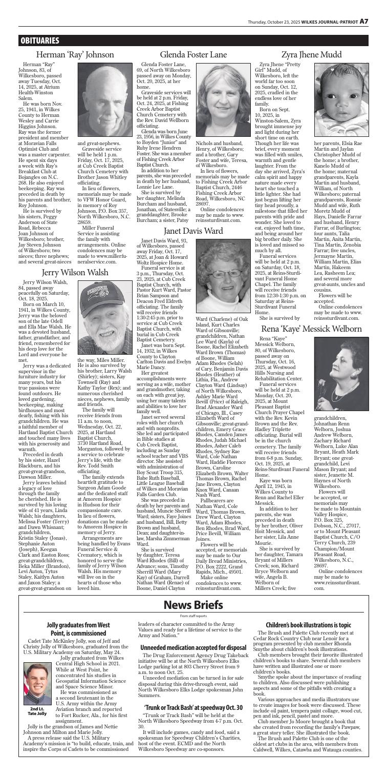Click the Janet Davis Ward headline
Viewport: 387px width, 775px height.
tap(193, 231)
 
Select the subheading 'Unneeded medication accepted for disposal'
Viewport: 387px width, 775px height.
tap(194, 657)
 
